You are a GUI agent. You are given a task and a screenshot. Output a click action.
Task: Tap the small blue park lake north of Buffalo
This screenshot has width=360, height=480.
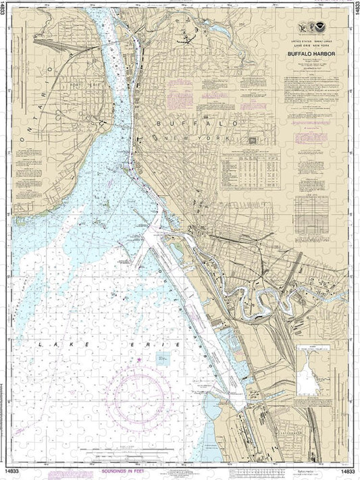[221, 30]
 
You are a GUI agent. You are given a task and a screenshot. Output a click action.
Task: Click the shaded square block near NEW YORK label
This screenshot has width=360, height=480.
[253, 140]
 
